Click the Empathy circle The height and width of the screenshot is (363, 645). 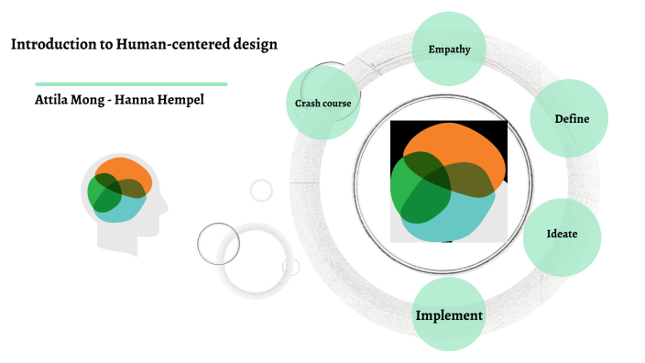pyautogui.click(x=449, y=49)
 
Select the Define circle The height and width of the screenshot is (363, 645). pyautogui.click(x=570, y=118)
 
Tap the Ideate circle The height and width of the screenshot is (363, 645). pyautogui.click(x=562, y=235)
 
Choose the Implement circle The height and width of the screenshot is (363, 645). pyautogui.click(x=449, y=315)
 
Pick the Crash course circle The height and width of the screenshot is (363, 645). pyautogui.click(x=322, y=104)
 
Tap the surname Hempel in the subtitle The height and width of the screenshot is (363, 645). pyautogui.click(x=178, y=99)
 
